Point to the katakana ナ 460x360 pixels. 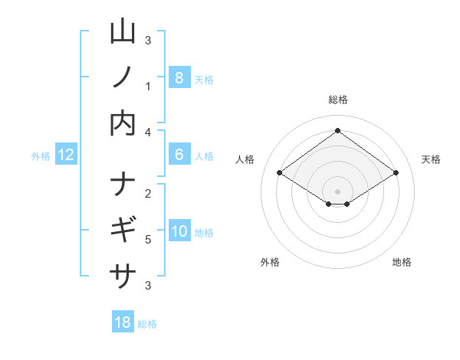(123, 184)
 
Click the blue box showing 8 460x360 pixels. (179, 77)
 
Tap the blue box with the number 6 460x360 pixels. (179, 155)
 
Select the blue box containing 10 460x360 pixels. (179, 231)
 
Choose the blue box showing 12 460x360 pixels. (66, 155)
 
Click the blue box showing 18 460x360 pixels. (123, 322)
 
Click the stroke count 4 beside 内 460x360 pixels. (148, 132)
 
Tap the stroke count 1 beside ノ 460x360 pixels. (148, 86)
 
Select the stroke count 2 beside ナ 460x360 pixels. (148, 193)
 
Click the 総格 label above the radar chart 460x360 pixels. (337, 100)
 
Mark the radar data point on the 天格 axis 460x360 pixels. (396, 173)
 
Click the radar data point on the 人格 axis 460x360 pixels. (280, 173)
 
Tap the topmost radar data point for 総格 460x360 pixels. (337, 130)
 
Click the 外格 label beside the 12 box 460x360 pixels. (41, 155)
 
